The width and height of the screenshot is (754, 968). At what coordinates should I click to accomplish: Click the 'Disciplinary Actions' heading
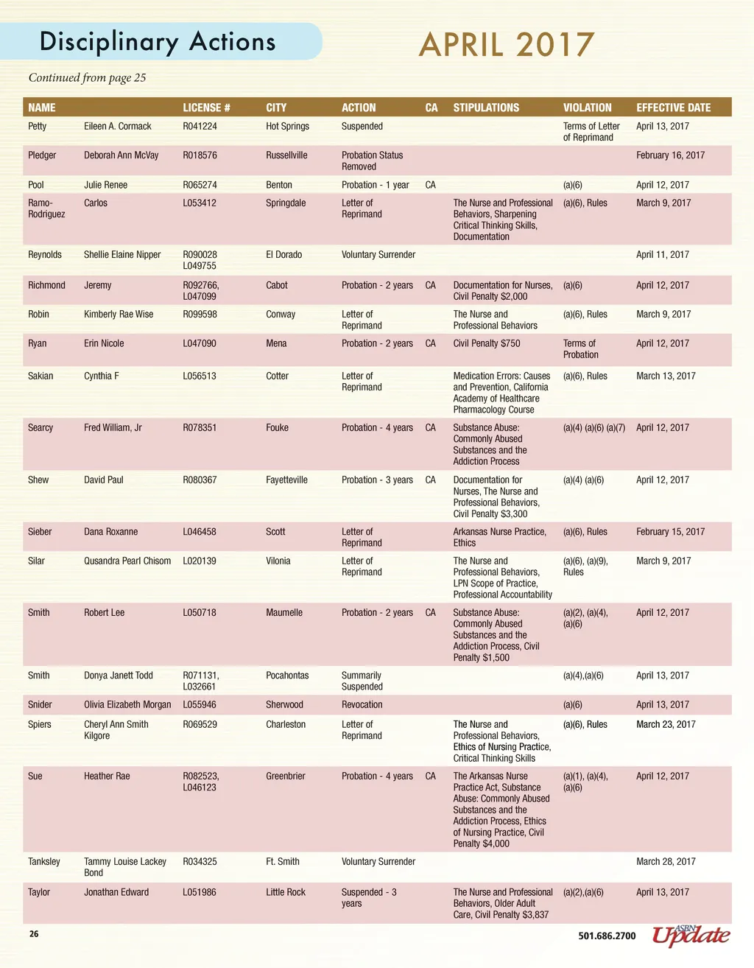[x=158, y=42]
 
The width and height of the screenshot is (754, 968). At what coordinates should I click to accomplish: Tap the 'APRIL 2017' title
[x=506, y=45]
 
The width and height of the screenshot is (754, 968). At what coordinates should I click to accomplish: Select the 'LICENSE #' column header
[x=206, y=108]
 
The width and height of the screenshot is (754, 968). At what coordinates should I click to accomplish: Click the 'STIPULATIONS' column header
[x=486, y=108]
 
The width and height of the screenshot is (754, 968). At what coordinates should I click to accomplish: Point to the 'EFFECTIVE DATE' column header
[x=673, y=108]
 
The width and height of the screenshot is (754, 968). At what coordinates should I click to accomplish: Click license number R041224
[x=200, y=127]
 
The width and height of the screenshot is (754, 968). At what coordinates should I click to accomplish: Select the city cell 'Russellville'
[x=286, y=155]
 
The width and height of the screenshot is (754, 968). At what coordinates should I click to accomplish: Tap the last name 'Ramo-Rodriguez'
[x=46, y=208]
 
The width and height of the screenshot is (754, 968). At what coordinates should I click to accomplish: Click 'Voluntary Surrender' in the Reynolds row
[x=378, y=255]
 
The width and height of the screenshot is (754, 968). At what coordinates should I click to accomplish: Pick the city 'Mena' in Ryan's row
[x=277, y=343]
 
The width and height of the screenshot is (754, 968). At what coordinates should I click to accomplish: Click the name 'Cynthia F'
[x=101, y=376]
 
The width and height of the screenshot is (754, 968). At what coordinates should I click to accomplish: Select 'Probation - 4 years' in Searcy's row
[x=377, y=427]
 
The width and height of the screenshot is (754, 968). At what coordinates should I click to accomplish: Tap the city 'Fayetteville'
[x=286, y=480]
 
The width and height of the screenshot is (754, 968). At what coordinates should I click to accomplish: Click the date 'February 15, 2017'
[x=670, y=531]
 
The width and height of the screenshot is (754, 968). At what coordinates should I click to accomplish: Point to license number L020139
[x=200, y=561]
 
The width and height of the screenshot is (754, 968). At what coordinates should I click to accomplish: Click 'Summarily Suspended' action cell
[x=362, y=681]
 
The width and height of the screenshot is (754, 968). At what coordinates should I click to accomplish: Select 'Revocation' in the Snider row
[x=362, y=705]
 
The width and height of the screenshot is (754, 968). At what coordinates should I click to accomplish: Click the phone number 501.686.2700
[x=607, y=936]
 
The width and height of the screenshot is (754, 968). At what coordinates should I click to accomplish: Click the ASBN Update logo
[x=691, y=935]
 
